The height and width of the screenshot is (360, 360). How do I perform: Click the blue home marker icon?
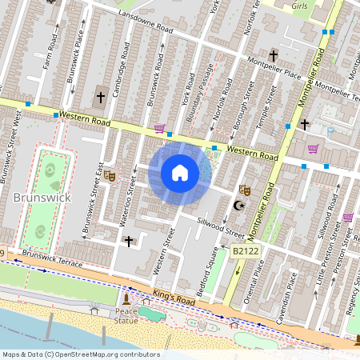[x=180, y=173]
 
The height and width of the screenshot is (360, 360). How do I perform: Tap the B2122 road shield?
[x=246, y=251]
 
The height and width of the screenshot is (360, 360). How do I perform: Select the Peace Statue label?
[x=126, y=315]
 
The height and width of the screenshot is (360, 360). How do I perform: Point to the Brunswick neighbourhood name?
[x=42, y=197]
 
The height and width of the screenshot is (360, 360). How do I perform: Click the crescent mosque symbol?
[x=236, y=206]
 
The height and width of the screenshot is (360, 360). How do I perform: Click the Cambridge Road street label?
[x=123, y=69]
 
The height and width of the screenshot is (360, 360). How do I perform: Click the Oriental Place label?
[x=258, y=286]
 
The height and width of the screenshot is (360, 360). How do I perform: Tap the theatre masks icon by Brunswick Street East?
[x=110, y=174]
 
